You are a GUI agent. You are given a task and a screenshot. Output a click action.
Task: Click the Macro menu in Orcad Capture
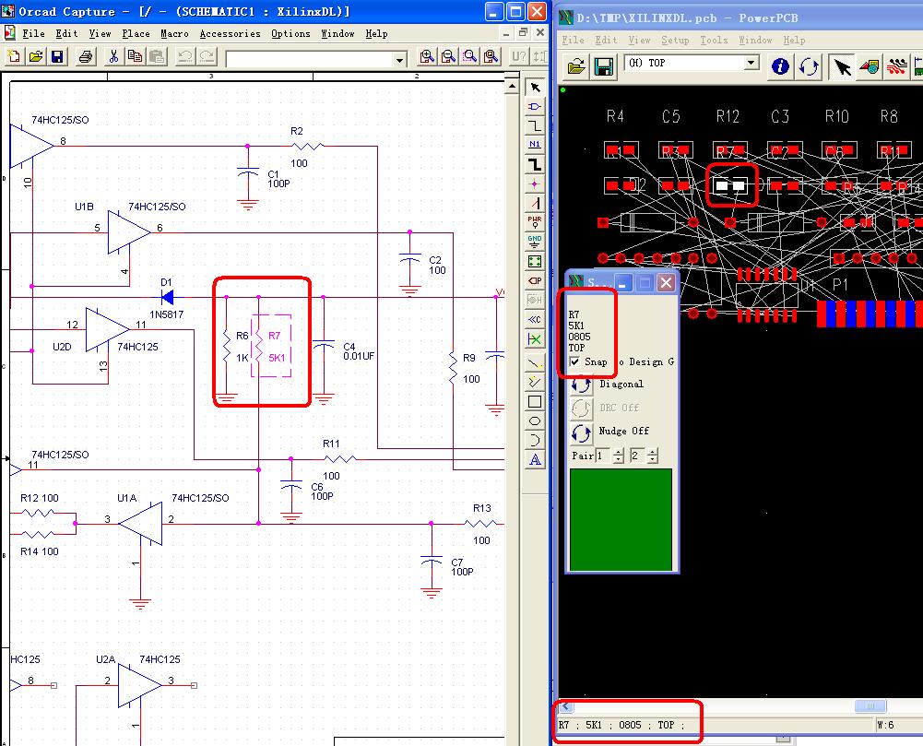click(x=174, y=33)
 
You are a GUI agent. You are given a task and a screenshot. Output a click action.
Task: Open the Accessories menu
click(x=230, y=33)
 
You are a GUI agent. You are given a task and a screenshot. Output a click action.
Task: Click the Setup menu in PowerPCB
click(x=675, y=41)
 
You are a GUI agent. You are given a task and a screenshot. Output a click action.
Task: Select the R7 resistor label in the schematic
click(x=274, y=336)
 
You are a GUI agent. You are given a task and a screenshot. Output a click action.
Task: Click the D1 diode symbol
click(x=167, y=297)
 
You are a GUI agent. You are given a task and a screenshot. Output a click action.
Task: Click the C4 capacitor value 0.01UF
click(x=359, y=357)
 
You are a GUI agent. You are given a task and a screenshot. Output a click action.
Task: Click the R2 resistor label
click(x=297, y=132)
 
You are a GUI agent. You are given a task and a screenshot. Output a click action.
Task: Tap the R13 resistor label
click(x=482, y=509)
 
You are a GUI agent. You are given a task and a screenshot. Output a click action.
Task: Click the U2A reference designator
click(x=105, y=659)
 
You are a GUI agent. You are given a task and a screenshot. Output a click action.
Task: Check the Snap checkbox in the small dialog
click(x=575, y=362)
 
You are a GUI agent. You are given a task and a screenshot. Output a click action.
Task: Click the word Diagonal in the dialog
click(x=621, y=384)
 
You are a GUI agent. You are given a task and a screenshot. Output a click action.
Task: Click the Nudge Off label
click(x=623, y=432)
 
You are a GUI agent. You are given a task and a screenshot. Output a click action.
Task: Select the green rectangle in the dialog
click(x=621, y=519)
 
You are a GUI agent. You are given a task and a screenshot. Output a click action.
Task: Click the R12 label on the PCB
click(x=728, y=116)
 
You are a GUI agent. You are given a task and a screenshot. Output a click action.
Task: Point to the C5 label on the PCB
click(x=670, y=116)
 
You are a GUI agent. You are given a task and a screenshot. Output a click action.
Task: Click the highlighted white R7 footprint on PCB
click(x=730, y=185)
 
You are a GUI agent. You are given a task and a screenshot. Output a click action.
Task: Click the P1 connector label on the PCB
click(x=840, y=285)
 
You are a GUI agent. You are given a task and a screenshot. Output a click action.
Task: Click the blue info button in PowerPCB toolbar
click(x=781, y=65)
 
